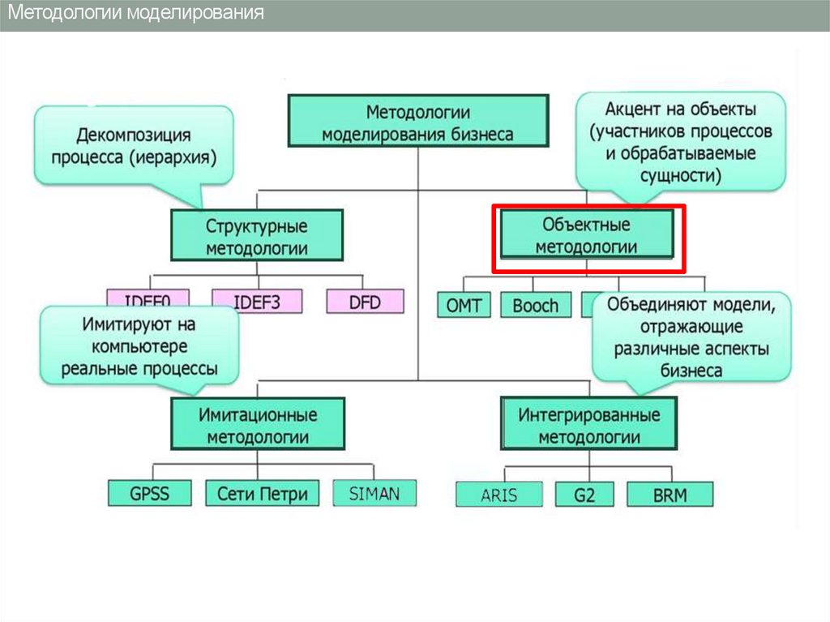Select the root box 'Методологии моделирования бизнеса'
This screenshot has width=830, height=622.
(x=417, y=122)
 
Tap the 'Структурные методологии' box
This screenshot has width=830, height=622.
(x=256, y=235)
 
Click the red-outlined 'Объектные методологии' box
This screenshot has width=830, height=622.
(x=587, y=235)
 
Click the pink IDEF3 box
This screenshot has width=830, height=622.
(x=257, y=302)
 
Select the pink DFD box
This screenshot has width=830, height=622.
(x=365, y=302)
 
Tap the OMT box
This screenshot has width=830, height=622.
(x=464, y=305)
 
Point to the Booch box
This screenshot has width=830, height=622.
(x=536, y=305)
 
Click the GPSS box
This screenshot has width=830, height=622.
(x=149, y=492)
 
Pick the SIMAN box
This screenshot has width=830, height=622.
(x=374, y=492)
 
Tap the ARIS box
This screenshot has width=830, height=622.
(x=498, y=495)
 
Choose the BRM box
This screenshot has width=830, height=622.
(x=670, y=495)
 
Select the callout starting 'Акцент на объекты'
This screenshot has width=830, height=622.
(x=681, y=139)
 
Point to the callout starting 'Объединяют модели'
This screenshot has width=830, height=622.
(x=691, y=337)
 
